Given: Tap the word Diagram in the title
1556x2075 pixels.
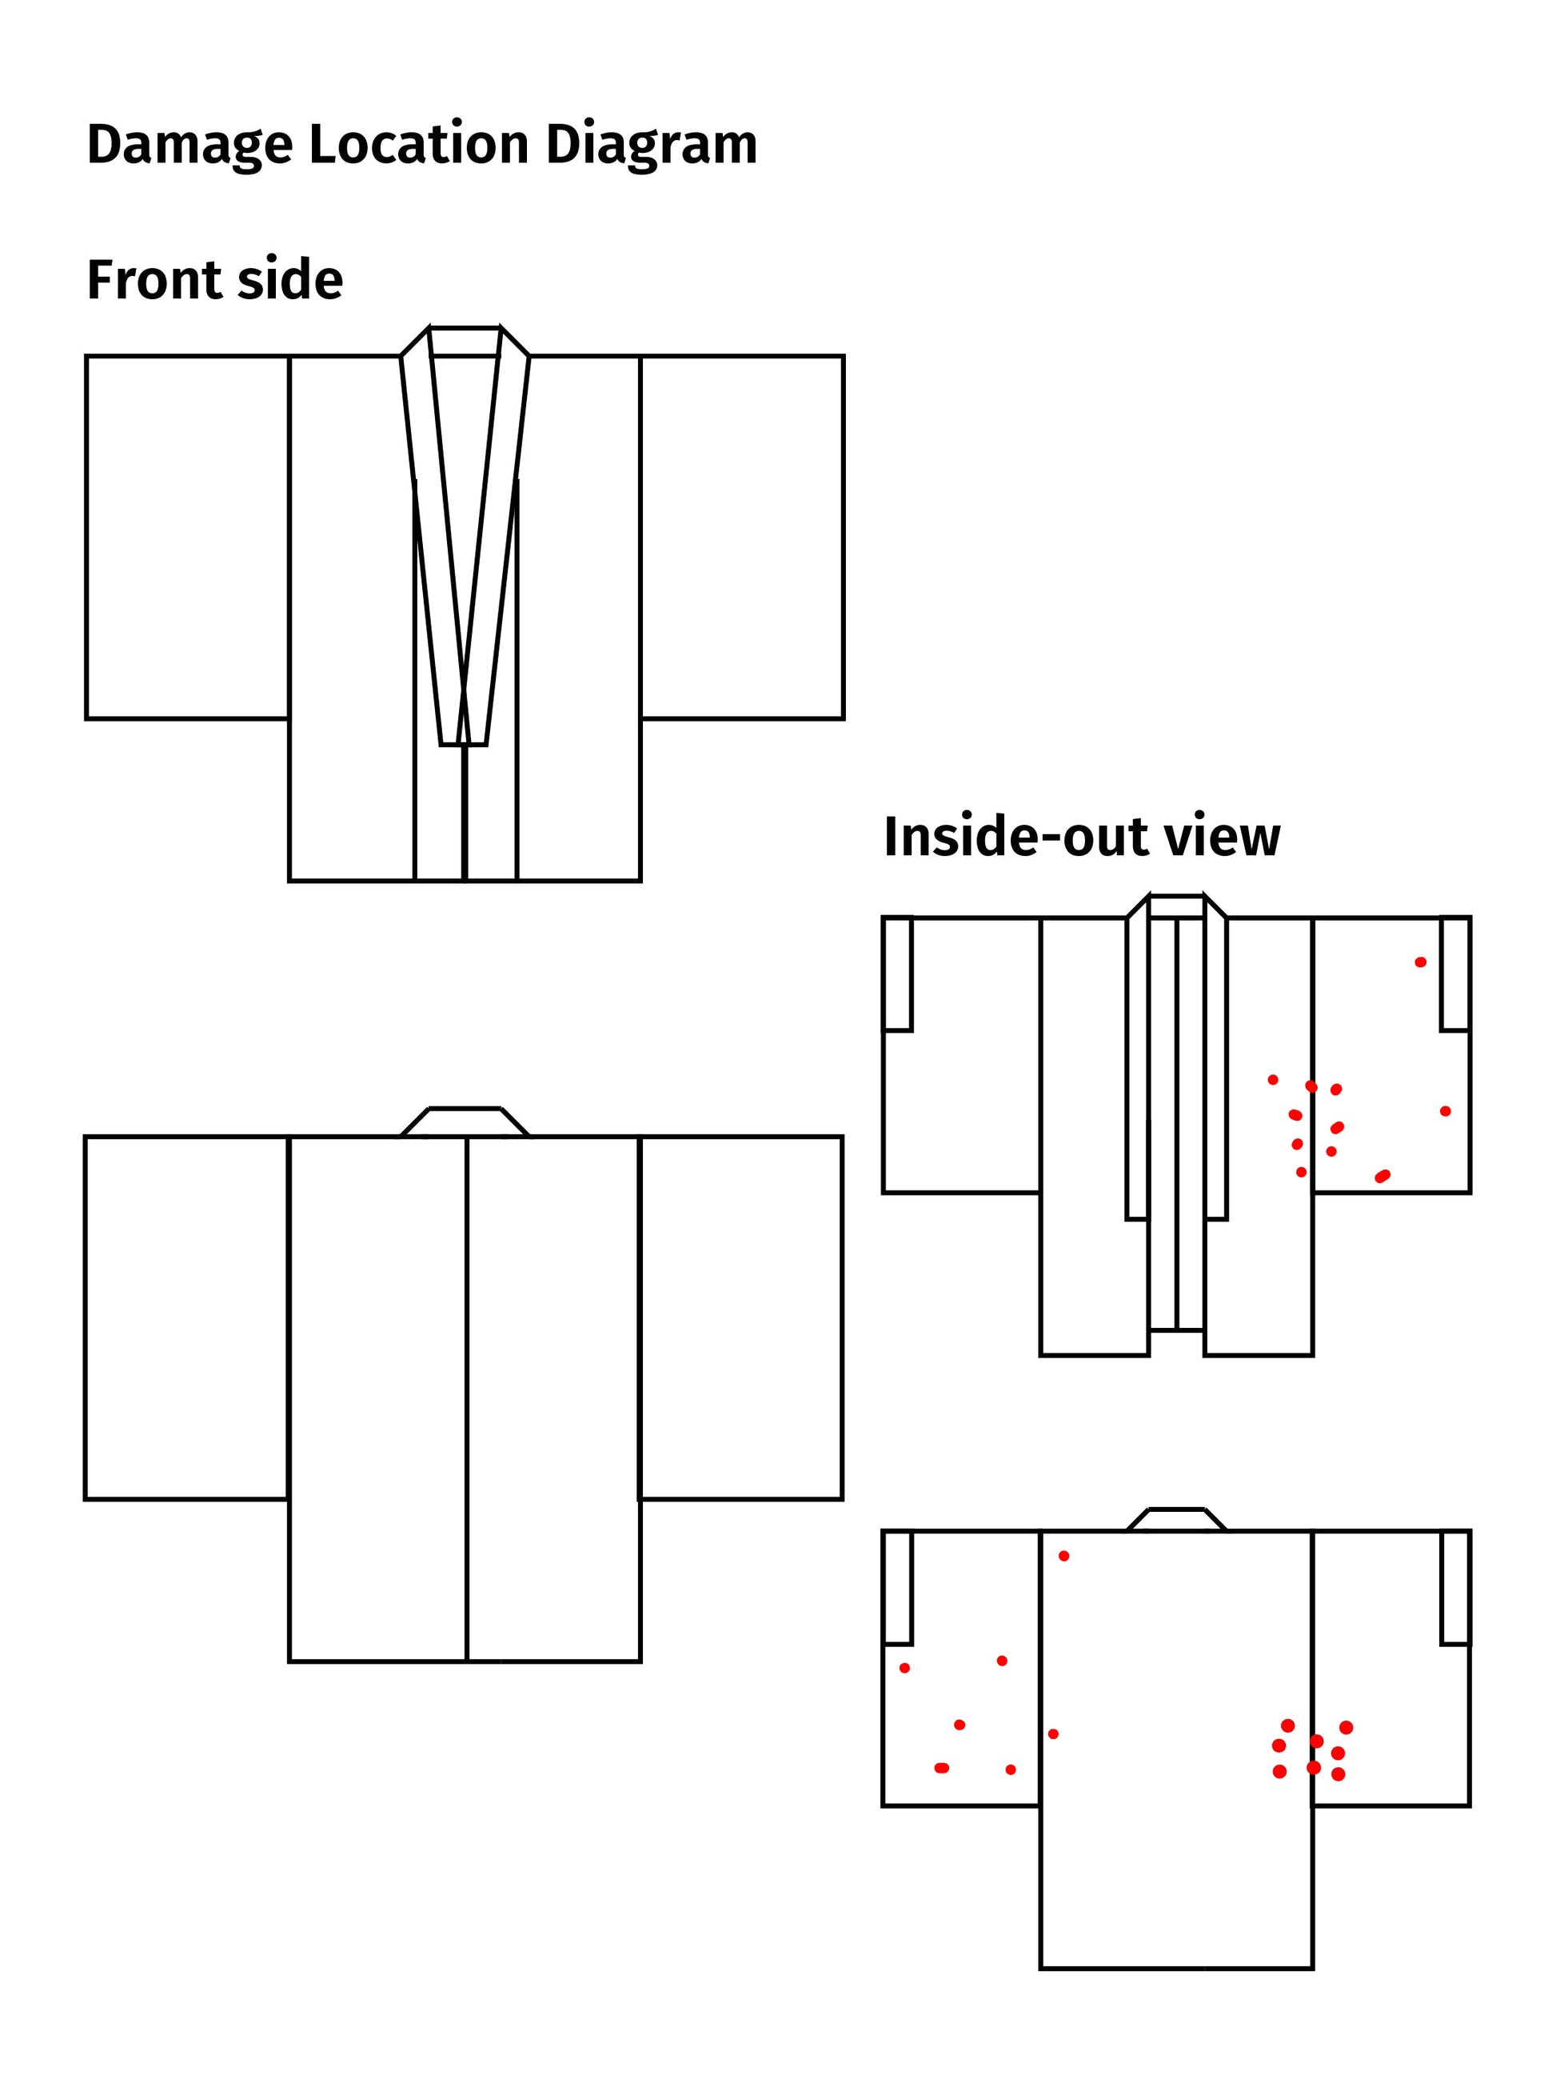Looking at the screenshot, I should [x=651, y=146].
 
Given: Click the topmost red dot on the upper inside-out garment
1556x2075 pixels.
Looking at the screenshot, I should [x=1420, y=962].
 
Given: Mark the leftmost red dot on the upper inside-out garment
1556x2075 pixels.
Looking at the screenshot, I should [x=1273, y=1080].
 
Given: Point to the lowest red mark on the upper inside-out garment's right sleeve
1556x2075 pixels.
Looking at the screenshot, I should [x=1382, y=1177].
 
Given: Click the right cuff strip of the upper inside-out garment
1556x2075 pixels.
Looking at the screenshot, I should [x=1454, y=974].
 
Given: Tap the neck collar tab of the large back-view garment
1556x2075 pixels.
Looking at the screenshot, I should [x=465, y=1122].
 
